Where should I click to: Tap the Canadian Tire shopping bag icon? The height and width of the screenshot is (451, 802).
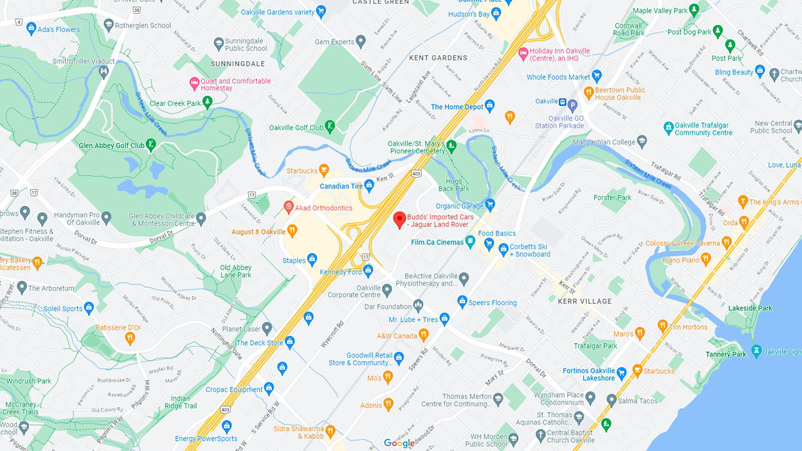pyautogui.click(x=369, y=185)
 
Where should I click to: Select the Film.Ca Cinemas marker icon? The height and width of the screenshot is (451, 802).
pyautogui.click(x=470, y=242)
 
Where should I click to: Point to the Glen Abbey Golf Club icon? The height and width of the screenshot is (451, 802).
pyautogui.click(x=151, y=145)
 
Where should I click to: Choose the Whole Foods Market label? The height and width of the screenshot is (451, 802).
pyautogui.click(x=558, y=77)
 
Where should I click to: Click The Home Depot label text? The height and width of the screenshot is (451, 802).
pyautogui.click(x=457, y=107)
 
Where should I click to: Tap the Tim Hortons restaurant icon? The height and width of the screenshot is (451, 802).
pyautogui.click(x=662, y=326)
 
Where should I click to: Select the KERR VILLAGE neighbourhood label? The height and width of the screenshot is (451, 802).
pyautogui.click(x=584, y=301)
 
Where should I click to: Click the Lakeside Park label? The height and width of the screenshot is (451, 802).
pyautogui.click(x=750, y=308)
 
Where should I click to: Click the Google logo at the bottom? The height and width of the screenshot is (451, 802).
pyautogui.click(x=399, y=443)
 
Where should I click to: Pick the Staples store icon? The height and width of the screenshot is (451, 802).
pyautogui.click(x=312, y=259)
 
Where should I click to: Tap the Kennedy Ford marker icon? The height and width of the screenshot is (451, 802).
pyautogui.click(x=368, y=271)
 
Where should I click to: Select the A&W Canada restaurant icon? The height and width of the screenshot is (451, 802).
pyautogui.click(x=424, y=335)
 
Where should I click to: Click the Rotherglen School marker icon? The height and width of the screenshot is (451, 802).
pyautogui.click(x=108, y=25)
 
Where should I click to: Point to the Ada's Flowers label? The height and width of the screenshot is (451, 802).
pyautogui.click(x=59, y=29)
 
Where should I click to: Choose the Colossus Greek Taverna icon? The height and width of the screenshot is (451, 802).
pyautogui.click(x=726, y=242)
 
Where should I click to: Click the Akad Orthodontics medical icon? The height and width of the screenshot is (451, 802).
pyautogui.click(x=289, y=207)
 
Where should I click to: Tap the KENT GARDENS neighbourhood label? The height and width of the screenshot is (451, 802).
pyautogui.click(x=438, y=58)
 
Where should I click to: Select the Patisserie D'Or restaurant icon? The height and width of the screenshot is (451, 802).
pyautogui.click(x=130, y=338)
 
